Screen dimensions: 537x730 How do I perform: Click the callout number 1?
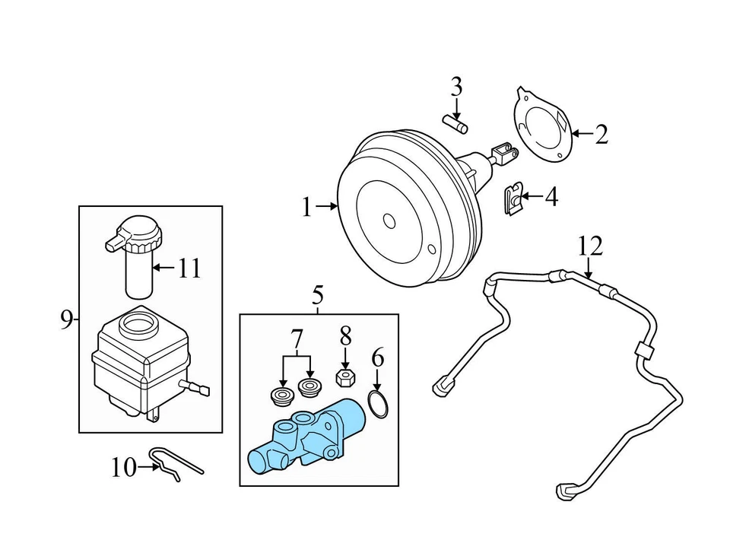[306, 207]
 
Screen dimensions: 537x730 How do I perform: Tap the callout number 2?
[601, 135]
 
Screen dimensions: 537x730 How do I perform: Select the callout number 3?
[455, 87]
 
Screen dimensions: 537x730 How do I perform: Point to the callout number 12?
[589, 246]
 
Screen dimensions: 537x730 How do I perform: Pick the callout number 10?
[122, 467]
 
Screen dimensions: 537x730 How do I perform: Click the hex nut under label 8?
[345, 377]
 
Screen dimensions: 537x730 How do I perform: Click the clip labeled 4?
[513, 199]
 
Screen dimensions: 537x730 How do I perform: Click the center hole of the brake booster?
[389, 221]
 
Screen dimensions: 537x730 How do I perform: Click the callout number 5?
[317, 294]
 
